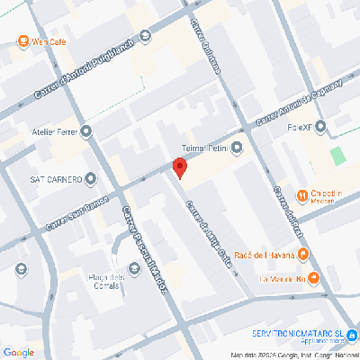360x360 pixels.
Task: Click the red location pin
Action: (x=179, y=167)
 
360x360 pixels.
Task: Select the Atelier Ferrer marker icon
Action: (x=85, y=131)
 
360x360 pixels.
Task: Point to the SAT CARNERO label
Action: (x=57, y=177)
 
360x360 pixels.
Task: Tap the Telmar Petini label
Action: (x=202, y=147)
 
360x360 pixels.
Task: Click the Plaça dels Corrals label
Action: (x=105, y=280)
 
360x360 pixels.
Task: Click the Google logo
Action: (x=18, y=351)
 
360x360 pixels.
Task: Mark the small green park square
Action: (x=337, y=155)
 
